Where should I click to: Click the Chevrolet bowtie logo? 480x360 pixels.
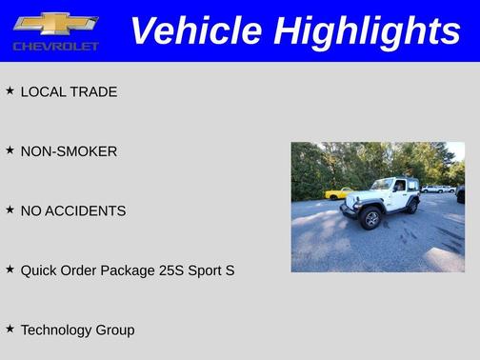(x=55, y=23)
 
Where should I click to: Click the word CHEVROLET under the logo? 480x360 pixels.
(x=55, y=46)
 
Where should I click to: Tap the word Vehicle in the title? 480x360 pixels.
(x=194, y=30)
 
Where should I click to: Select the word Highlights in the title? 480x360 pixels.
(x=368, y=30)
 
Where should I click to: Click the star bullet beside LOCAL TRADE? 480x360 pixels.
(x=10, y=90)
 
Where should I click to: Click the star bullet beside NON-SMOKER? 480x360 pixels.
(x=10, y=150)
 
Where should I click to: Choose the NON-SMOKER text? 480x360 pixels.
(x=69, y=151)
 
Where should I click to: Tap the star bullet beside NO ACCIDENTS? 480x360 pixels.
(x=10, y=210)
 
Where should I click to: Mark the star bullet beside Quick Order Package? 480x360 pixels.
(x=10, y=270)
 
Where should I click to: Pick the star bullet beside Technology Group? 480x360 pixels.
(x=10, y=329)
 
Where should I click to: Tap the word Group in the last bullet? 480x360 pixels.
(x=115, y=330)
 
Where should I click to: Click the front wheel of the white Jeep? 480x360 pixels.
(x=370, y=220)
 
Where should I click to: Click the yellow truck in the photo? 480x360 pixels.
(x=336, y=194)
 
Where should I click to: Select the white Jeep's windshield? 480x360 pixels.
(x=382, y=185)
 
